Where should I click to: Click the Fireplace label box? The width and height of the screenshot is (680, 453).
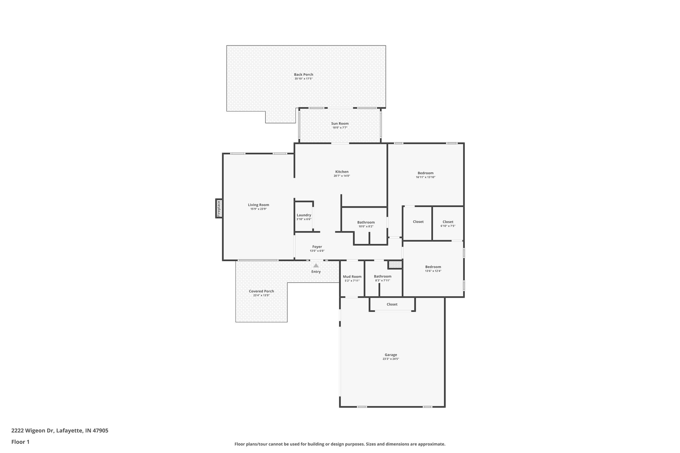219,208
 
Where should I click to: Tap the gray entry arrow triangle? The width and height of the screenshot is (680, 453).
316,265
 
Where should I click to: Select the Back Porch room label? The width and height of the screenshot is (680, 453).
303,75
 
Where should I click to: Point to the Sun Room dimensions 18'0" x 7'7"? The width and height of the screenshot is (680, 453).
340,128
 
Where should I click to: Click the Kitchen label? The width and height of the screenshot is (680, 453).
342,172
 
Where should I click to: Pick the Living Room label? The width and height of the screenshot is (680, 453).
258,205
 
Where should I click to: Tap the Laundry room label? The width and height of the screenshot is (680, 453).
304,215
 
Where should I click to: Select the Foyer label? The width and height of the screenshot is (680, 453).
317,247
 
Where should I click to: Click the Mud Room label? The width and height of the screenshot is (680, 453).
352,277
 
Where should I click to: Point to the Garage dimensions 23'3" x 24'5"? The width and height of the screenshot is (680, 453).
390,359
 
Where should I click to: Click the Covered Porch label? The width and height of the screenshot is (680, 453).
261,291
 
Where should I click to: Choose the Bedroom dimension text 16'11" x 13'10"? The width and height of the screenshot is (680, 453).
425,177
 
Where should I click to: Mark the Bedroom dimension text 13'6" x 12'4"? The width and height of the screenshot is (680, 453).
433,271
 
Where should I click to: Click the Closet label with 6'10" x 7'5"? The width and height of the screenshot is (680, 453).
448,222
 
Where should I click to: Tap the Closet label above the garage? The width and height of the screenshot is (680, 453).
392,304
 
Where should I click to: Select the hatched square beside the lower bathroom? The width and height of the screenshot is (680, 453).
395,264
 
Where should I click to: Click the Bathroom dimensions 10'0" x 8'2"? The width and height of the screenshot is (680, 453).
366,227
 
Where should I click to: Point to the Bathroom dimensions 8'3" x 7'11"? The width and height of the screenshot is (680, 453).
382,280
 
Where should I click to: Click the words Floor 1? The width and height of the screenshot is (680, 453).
21,442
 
